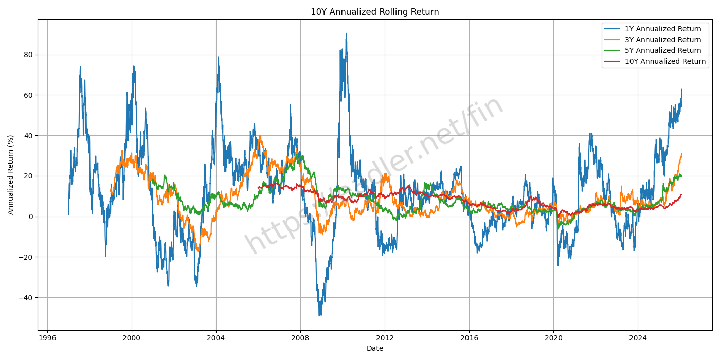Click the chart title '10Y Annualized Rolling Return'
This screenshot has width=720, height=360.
374,12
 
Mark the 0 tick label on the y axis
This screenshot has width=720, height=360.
30,217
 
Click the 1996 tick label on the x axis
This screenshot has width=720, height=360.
47,338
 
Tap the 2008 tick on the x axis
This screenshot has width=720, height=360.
300,338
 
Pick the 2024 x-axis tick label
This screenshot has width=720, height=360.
638,338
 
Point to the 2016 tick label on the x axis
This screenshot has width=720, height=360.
469,338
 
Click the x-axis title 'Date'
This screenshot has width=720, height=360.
374,349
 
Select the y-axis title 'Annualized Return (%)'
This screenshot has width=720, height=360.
11,174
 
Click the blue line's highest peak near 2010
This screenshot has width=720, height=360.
346,33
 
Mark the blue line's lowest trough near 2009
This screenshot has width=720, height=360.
319,315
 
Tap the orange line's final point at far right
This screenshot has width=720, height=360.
681,153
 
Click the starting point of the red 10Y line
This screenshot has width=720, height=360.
258,188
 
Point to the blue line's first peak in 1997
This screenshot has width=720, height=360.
80,66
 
